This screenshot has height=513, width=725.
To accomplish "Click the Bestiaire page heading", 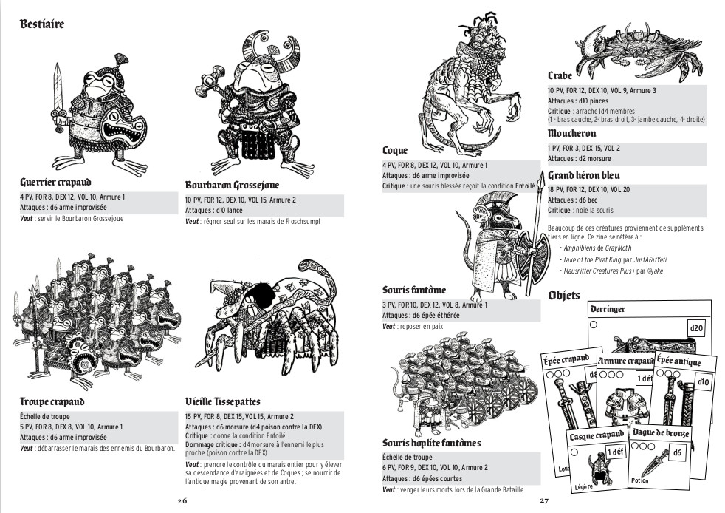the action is click(x=41, y=24).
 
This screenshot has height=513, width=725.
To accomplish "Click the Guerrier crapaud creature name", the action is click(x=55, y=182).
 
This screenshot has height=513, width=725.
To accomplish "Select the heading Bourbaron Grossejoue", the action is click(x=232, y=186).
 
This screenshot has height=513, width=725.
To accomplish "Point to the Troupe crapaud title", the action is click(x=52, y=401).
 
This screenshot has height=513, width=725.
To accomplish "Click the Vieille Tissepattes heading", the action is click(x=223, y=401).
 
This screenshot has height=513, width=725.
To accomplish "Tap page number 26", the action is click(x=182, y=501).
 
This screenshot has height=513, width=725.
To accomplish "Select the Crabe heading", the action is click(x=560, y=75).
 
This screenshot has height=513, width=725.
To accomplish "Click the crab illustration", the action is click(x=639, y=52).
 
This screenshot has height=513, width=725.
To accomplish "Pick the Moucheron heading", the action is click(x=572, y=133).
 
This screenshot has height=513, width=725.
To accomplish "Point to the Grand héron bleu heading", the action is click(x=583, y=175).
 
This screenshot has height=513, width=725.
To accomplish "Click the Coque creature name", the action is click(x=395, y=151).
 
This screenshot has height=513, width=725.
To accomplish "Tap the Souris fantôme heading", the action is click(x=414, y=291).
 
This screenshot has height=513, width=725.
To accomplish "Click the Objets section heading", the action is click(x=563, y=296).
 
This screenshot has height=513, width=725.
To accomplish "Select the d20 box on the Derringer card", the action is click(x=696, y=329).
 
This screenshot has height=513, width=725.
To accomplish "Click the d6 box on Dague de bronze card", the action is click(x=677, y=452).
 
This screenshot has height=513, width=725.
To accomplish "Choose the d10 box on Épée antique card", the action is click(x=703, y=382).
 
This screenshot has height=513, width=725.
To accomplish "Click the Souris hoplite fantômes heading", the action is click(x=431, y=443).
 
